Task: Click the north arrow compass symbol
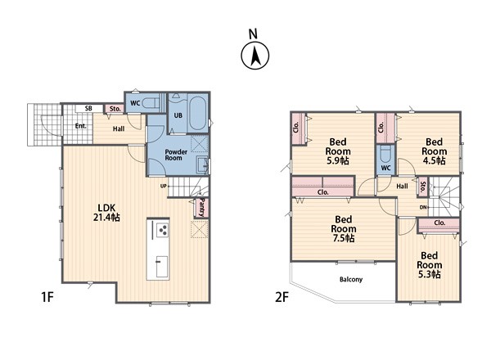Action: [x=255, y=56]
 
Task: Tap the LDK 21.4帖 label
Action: [x=106, y=213]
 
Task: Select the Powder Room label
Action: [x=176, y=155]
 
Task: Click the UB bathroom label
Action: [x=178, y=115]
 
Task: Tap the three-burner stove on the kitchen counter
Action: [x=163, y=230]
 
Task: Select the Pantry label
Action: [x=201, y=208]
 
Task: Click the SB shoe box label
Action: [x=88, y=109]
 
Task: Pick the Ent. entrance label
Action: [x=80, y=126]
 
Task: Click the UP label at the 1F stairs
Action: [x=163, y=186]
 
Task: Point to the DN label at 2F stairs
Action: [x=423, y=207]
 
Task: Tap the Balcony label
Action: [x=351, y=279]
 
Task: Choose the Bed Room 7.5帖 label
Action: [x=344, y=228]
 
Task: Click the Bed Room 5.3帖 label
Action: [x=430, y=265]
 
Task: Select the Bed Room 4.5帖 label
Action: [x=434, y=151]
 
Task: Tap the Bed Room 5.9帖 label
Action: [x=338, y=151]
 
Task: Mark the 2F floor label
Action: [x=282, y=297]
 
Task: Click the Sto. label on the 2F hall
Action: [x=423, y=187]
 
